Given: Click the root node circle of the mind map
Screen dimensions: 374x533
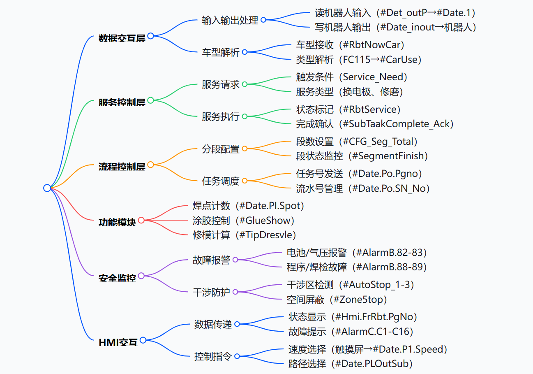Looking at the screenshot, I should (47, 188).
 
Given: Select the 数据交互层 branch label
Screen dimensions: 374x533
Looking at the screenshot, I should (122, 38).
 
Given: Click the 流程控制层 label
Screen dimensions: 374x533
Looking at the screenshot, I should (122, 167).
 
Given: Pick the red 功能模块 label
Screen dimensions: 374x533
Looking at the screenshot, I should (117, 222).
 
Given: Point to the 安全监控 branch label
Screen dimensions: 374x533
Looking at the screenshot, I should (117, 278).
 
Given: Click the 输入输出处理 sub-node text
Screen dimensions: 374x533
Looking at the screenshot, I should (230, 20).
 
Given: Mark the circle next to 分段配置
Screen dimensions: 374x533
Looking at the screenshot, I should (245, 149).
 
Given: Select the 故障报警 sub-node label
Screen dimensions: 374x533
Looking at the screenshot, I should (211, 260).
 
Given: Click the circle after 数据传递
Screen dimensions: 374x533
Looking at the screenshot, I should (237, 324).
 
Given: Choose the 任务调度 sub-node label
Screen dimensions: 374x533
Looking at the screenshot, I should (221, 181).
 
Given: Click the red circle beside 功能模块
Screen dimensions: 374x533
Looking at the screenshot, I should (141, 220).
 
